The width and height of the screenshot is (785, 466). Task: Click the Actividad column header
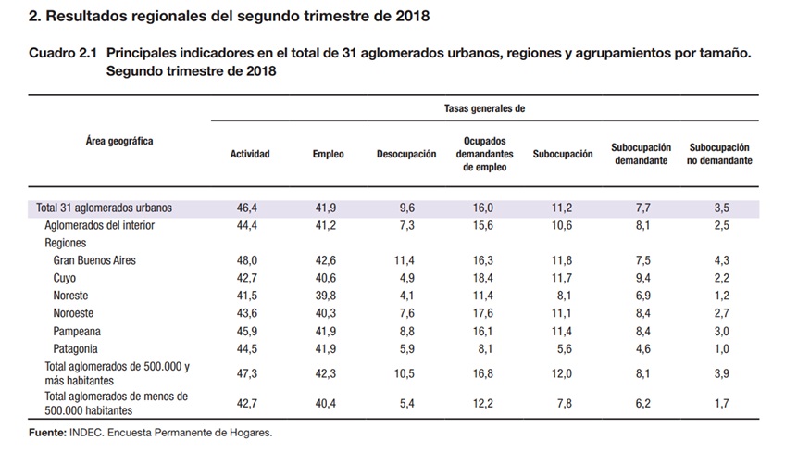click(250, 154)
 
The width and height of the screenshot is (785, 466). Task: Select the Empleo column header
click(328, 154)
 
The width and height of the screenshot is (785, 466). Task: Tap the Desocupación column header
click(406, 154)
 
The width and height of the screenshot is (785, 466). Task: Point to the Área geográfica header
click(119, 141)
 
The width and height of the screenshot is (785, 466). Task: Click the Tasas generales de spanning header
click(484, 108)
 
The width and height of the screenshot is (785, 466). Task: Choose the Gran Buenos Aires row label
click(94, 260)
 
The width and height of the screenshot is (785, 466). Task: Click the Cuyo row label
click(64, 278)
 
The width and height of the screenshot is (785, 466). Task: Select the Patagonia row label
click(75, 348)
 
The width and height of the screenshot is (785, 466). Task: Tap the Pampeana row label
click(77, 332)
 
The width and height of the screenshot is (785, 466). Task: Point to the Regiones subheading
click(65, 243)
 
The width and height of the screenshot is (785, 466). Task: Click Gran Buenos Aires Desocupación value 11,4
click(404, 260)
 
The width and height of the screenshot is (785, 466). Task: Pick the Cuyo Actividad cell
click(247, 278)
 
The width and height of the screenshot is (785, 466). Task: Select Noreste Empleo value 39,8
click(326, 296)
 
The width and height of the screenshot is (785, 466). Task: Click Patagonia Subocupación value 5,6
click(565, 348)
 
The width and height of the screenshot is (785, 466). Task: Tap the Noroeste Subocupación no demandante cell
click(721, 313)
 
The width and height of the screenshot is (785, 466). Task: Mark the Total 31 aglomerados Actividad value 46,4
click(247, 208)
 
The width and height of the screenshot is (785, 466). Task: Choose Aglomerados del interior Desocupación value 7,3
click(406, 225)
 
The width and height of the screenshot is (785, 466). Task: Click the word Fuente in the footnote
click(47, 433)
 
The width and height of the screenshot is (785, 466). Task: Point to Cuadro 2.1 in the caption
click(63, 53)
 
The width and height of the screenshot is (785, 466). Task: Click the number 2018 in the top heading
click(413, 16)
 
